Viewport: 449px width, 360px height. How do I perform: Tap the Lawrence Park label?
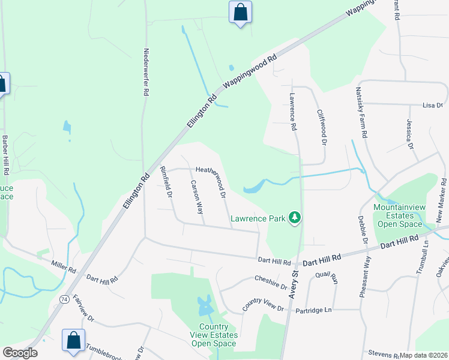click(258, 219)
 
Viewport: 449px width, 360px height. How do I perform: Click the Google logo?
click(20, 353)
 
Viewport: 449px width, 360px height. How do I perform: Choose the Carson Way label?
click(196, 197)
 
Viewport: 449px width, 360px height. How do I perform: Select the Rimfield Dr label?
click(166, 182)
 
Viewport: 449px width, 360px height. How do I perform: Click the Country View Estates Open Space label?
click(214, 335)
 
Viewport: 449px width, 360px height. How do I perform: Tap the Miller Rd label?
click(63, 266)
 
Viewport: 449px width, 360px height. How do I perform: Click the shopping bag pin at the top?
click(240, 12)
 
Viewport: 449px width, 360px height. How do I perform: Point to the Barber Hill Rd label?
click(5, 155)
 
